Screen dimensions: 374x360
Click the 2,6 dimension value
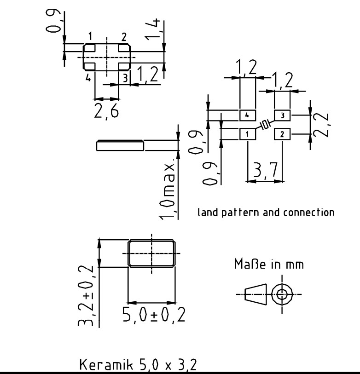[x=106, y=111]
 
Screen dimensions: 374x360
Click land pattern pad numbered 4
[x=247, y=115]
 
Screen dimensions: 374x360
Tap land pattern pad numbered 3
[x=282, y=115]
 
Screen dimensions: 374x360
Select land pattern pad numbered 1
[x=247, y=134]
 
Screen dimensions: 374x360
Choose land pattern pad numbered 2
[x=282, y=134]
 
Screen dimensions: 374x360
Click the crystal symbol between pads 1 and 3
[x=265, y=124]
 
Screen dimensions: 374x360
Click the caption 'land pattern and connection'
[x=266, y=213]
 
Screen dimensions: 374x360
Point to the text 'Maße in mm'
[x=269, y=265]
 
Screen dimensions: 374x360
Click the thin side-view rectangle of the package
[x=120, y=145]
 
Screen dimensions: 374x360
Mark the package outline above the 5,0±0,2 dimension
[x=151, y=253]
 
